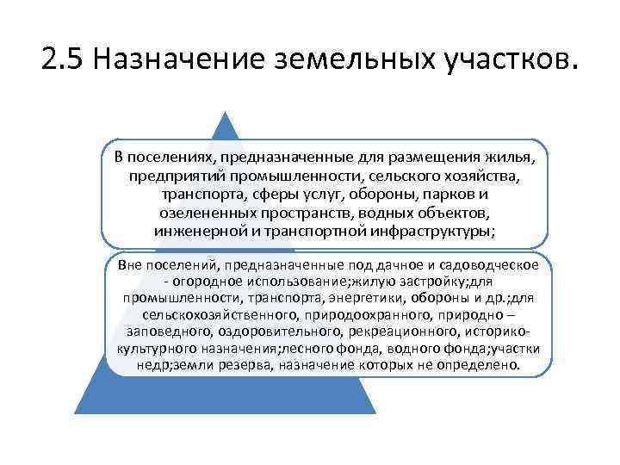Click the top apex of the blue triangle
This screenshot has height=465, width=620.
(226, 113)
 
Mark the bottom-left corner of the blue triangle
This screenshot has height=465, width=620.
(75, 413)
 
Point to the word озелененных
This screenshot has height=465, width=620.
(201, 213)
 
